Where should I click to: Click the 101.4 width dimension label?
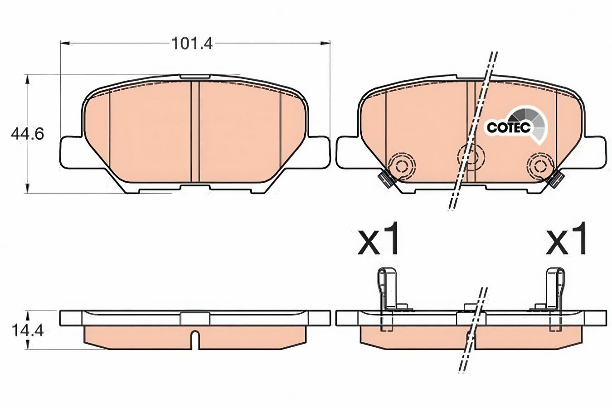(x=192, y=44)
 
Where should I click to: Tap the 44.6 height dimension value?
(x=27, y=134)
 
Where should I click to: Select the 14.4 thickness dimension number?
(x=28, y=331)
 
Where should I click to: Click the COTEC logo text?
(x=509, y=127)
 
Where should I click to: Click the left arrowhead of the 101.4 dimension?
(x=65, y=43)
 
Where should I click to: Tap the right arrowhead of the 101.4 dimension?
(x=325, y=43)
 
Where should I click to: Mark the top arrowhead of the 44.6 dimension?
(x=27, y=80)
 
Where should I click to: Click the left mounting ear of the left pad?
(x=72, y=152)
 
